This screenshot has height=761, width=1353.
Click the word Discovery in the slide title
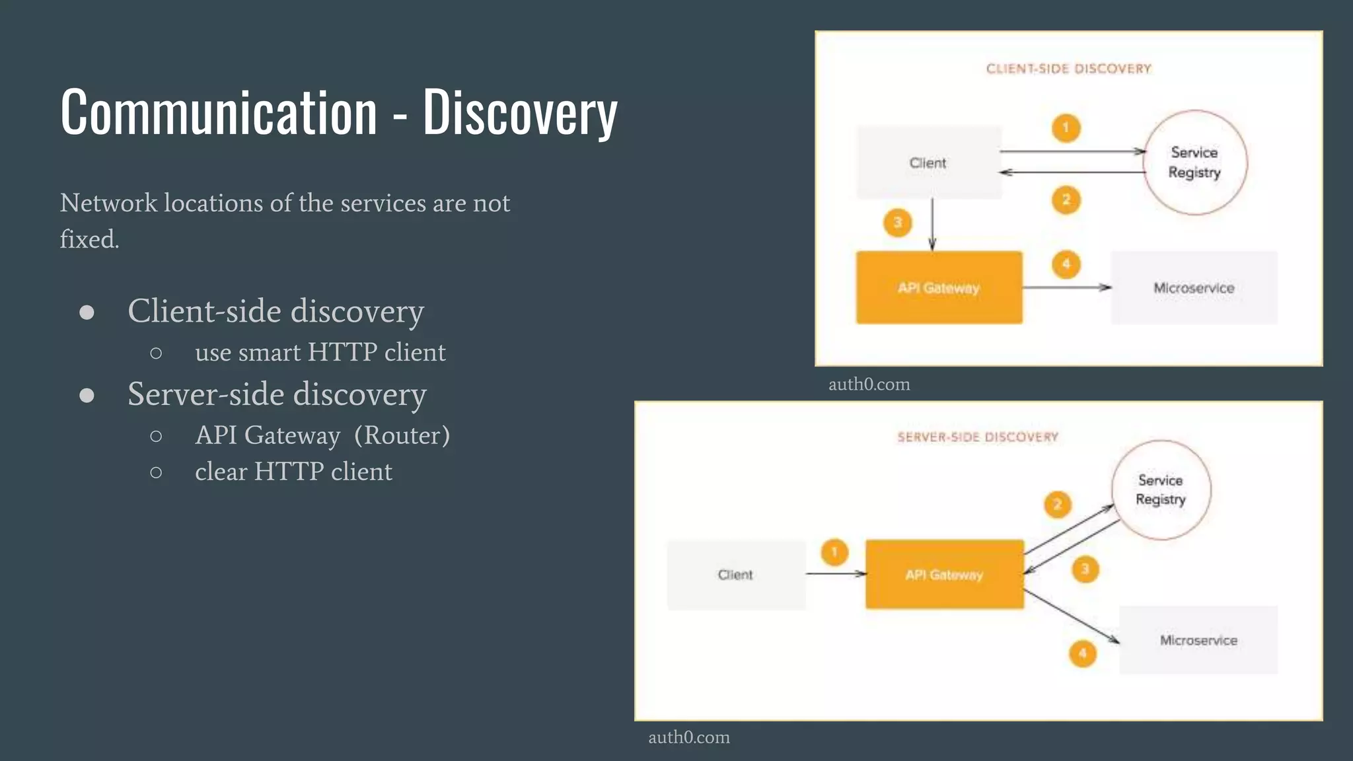tap(520, 114)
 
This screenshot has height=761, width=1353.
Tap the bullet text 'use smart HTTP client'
tap(320, 352)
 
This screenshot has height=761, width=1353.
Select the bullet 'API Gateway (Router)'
tap(322, 435)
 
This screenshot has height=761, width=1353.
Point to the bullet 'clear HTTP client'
tap(293, 472)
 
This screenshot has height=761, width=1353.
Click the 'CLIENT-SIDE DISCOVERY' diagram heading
tap(1068, 69)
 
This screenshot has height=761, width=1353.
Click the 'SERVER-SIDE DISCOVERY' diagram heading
tap(977, 437)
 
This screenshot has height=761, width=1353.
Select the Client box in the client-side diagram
tap(928, 163)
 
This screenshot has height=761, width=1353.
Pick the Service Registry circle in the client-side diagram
tap(1194, 163)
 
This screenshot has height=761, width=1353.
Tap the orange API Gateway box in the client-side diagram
tap(939, 287)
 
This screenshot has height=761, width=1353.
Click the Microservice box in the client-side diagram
tap(1194, 288)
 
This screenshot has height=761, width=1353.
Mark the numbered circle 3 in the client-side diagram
tap(897, 223)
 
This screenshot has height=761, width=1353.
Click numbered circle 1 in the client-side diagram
tap(1066, 127)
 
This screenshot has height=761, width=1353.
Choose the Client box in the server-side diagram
tap(735, 575)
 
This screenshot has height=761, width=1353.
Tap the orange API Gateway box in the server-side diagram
tap(944, 575)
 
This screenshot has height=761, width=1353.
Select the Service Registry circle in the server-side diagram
tap(1161, 490)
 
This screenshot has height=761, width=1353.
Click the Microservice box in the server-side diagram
tap(1198, 640)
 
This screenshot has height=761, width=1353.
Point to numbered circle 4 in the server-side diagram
tap(1082, 654)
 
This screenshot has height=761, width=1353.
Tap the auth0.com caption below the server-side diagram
tap(689, 737)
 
